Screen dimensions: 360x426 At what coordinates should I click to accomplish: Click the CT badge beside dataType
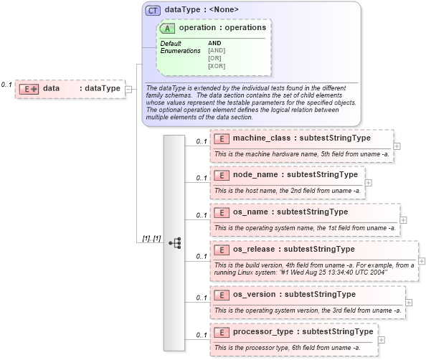coord(153,10)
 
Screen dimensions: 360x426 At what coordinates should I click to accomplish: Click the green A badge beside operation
coord(169,28)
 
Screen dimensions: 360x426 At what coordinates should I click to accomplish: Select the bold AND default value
coord(214,44)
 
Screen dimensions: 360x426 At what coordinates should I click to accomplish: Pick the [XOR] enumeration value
coord(217,66)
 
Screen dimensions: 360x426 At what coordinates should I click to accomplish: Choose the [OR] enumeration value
coord(214,58)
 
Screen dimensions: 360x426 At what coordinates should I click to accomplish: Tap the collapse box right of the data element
coord(128,89)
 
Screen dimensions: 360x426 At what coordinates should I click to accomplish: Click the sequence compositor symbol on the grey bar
coord(175,242)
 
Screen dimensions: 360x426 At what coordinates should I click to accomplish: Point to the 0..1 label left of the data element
coord(6,85)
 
